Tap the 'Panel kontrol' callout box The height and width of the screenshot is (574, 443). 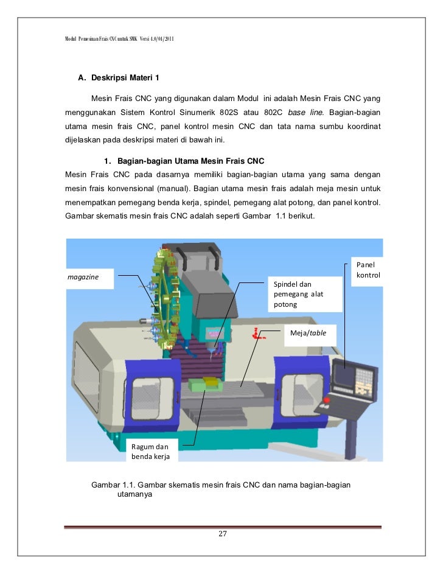point(368,270)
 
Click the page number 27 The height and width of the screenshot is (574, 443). point(222,534)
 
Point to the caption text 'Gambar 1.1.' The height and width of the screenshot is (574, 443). point(113,485)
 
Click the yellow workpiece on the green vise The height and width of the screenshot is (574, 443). point(212,380)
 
